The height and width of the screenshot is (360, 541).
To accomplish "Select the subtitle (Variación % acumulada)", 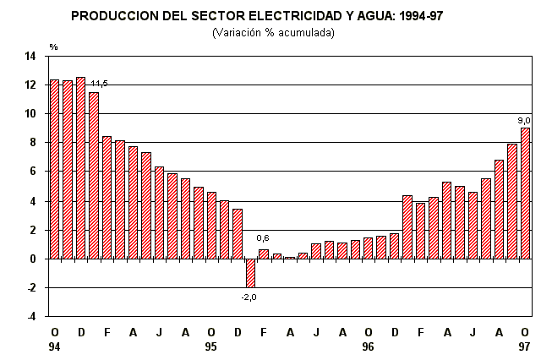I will pos(272,32).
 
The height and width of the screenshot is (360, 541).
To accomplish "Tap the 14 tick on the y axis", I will pos(30,57).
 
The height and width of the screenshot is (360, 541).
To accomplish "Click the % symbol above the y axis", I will pos(53,46).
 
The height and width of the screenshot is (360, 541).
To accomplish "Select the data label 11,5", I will pos(99,84).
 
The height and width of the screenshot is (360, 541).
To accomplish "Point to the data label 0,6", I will pos(263,238).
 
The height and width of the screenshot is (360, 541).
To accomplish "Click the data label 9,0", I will pos(524,120).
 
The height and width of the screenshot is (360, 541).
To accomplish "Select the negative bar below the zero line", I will pos(250,273).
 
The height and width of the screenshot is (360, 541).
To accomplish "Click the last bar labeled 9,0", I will pos(525,193).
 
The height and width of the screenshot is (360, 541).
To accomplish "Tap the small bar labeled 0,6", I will pos(264,254).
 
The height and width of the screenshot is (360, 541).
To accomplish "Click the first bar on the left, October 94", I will pos(55,169).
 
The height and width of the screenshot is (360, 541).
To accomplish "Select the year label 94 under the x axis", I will pos(55,347).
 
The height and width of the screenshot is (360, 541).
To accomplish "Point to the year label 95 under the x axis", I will pos(211,347).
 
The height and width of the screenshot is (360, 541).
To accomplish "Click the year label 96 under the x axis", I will pos(368,347).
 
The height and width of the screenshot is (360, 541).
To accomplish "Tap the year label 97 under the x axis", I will pos(525,347).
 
